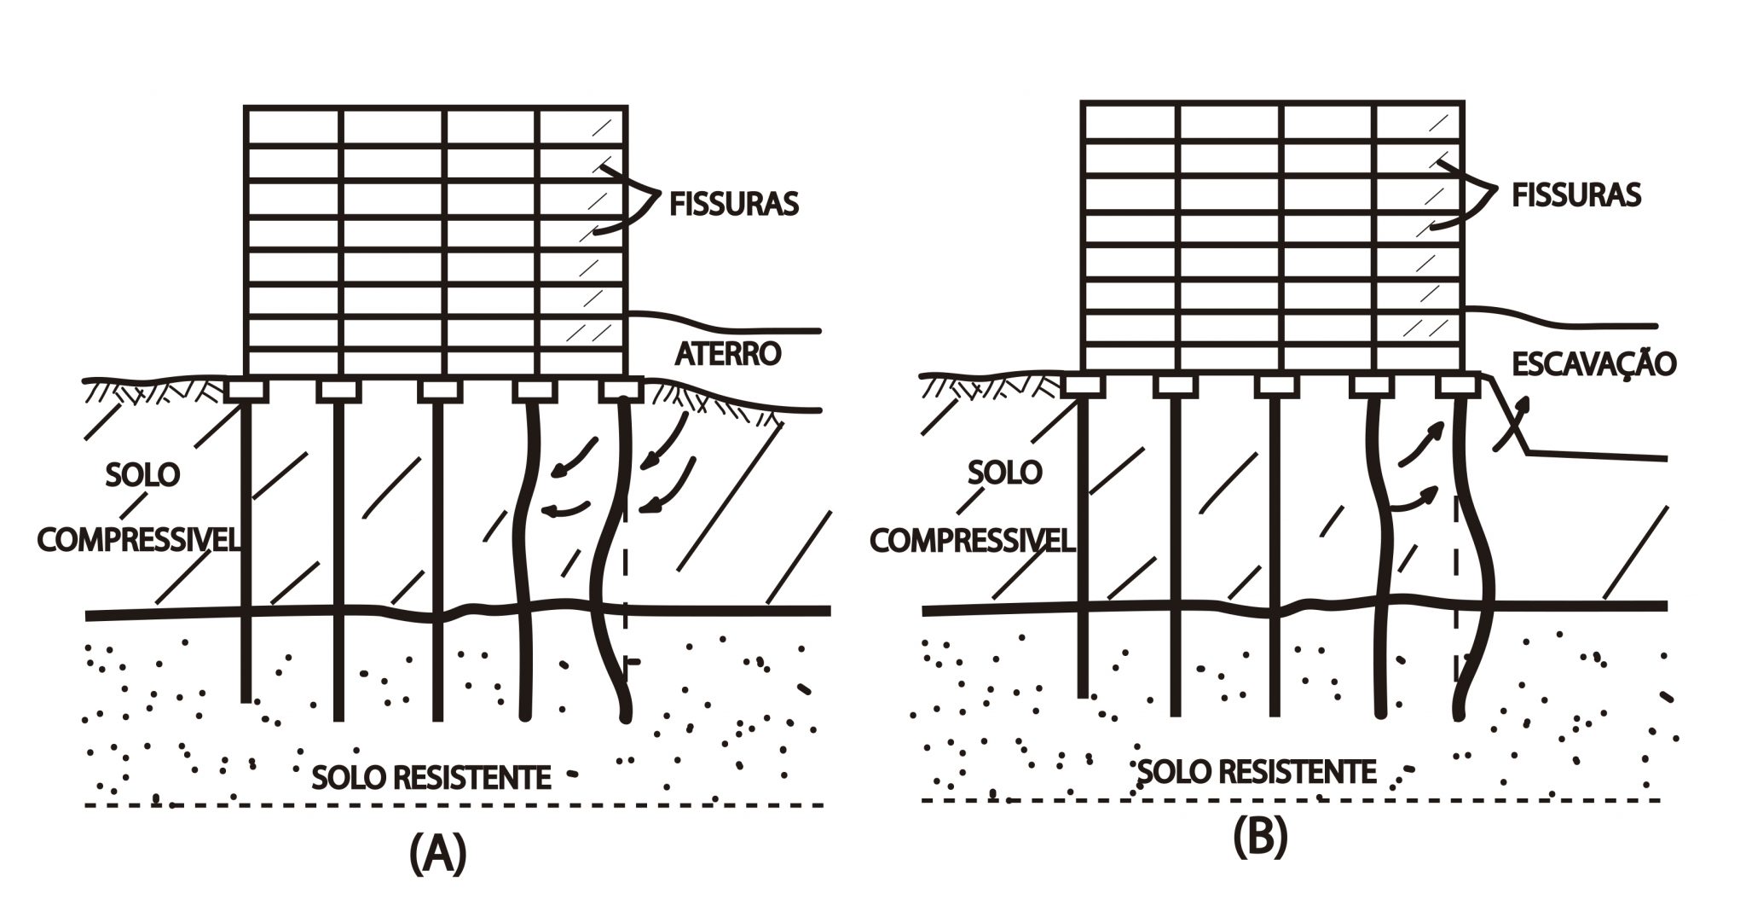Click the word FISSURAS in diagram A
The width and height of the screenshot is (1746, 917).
click(734, 205)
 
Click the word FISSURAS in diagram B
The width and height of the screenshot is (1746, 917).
click(1575, 195)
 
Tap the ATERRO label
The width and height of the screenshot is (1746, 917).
click(728, 353)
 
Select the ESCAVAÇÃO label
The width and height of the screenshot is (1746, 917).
click(1593, 364)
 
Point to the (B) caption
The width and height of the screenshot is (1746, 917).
click(1259, 838)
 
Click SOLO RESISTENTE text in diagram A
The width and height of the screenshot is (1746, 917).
click(431, 777)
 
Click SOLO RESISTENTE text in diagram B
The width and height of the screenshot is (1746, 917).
click(1257, 772)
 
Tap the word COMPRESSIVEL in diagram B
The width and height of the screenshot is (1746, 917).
click(972, 540)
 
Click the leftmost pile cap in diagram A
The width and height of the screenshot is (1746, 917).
click(247, 391)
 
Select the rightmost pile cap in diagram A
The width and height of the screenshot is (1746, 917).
click(620, 391)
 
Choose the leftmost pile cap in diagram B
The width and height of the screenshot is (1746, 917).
click(1084, 386)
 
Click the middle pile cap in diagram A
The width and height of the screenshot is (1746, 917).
click(440, 391)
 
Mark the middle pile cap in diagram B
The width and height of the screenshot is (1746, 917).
click(1276, 386)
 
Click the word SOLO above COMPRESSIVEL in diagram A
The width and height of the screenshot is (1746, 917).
click(143, 474)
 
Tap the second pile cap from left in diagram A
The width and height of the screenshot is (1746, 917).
click(339, 391)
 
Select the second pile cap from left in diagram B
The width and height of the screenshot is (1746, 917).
click(1176, 386)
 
